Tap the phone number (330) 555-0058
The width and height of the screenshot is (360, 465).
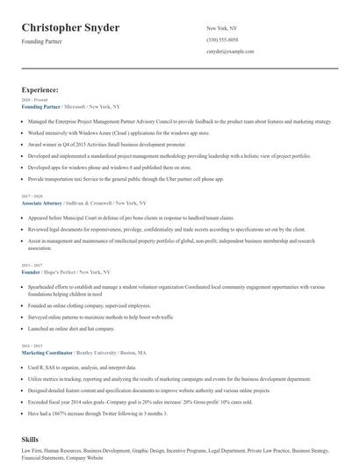(224, 40)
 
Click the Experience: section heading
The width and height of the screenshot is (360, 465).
(40, 90)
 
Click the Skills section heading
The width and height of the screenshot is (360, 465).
(32, 437)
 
